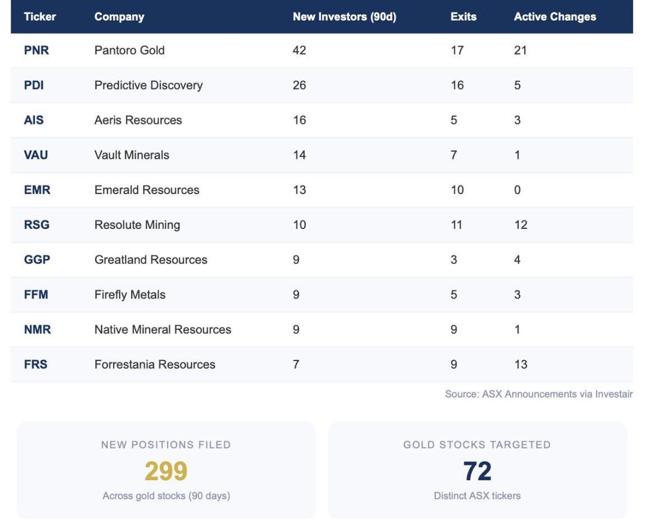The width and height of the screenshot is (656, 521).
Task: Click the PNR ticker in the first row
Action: tap(36, 50)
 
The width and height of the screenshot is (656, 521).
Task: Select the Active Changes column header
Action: tap(555, 17)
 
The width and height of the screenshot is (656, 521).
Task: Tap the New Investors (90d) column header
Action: tap(344, 17)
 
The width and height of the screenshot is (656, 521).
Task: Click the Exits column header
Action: tap(463, 17)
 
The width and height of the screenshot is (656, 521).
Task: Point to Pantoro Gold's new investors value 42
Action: tap(299, 50)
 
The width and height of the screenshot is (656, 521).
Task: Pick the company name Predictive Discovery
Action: tap(149, 85)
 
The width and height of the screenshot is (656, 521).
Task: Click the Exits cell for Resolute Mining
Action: tap(457, 225)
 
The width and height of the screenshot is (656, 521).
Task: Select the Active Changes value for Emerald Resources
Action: tap(517, 190)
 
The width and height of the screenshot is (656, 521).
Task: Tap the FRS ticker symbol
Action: tap(35, 365)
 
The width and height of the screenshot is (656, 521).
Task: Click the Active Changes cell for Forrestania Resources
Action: tap(520, 365)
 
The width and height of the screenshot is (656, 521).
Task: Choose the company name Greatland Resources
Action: tap(151, 260)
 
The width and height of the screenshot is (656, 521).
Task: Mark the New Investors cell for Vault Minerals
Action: tap(299, 155)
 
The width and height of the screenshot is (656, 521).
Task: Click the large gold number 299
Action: tap(166, 471)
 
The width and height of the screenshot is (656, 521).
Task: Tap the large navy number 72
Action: tap(477, 471)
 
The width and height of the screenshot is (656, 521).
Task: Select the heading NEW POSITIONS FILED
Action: tap(166, 445)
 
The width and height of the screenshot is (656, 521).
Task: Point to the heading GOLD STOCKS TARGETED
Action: tap(477, 445)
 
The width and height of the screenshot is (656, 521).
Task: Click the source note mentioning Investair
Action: tap(538, 394)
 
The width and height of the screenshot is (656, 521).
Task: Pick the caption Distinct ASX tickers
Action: tap(477, 496)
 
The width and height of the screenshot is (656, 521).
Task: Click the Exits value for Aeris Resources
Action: tap(454, 120)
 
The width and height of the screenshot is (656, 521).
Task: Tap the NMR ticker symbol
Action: tap(37, 330)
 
